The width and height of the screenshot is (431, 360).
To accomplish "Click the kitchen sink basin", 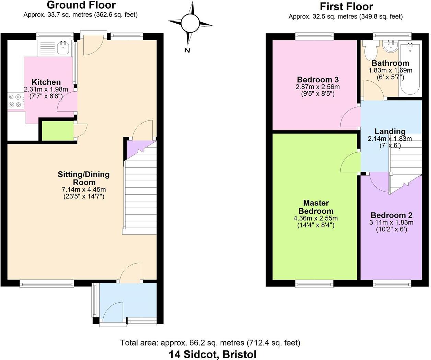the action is [x=63, y=48].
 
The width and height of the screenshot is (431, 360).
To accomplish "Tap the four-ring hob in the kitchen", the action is [x=16, y=101].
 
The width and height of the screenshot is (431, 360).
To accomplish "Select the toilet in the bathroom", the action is [x=371, y=50].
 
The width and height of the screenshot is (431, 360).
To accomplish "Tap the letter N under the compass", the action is [x=187, y=50].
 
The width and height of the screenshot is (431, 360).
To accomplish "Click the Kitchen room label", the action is [x=46, y=82].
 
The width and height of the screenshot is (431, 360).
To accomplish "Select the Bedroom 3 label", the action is [x=318, y=80].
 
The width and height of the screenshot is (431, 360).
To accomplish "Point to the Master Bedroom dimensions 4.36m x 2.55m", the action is [x=316, y=218].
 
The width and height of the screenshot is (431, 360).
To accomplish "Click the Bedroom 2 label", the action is [x=392, y=215].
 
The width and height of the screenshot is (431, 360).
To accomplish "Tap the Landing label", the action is [x=390, y=131].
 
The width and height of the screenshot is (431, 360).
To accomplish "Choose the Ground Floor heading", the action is [x=81, y=5].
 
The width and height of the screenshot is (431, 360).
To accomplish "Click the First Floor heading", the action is [x=347, y=7].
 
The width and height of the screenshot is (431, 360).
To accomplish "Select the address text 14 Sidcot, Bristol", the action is [x=213, y=355].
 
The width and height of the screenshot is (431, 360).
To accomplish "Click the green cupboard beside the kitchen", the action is [x=58, y=131].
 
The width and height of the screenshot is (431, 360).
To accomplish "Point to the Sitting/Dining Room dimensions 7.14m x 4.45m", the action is [x=84, y=189].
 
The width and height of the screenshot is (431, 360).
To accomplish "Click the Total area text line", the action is [x=210, y=342].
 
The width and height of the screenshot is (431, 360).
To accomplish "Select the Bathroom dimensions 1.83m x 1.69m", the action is [x=390, y=70].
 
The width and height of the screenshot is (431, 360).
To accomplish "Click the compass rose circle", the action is [x=190, y=23].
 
